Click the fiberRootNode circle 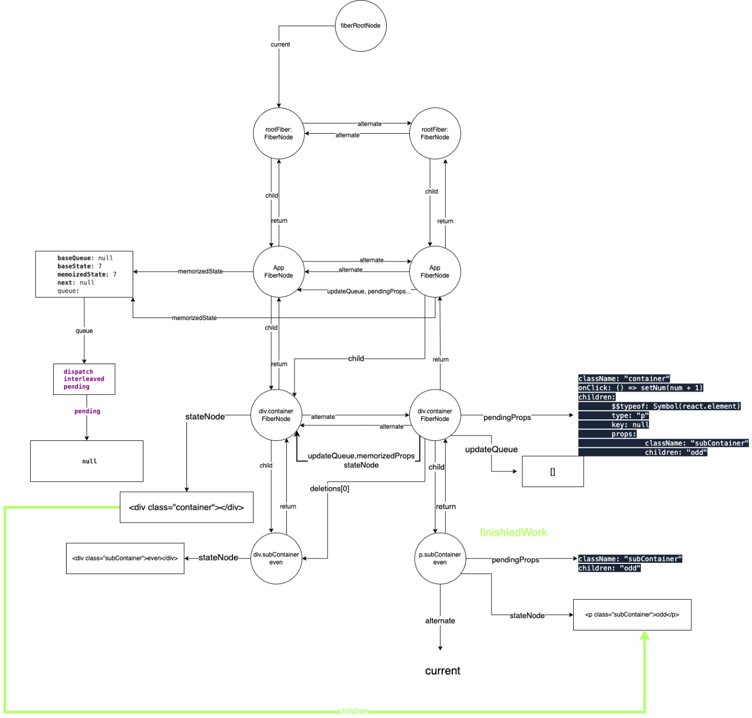(x=360, y=26)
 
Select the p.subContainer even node (x=440, y=558)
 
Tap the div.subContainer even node (x=276, y=558)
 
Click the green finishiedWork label (x=513, y=532)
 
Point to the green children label (x=353, y=710)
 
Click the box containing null (x=86, y=461)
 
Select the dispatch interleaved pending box (x=84, y=379)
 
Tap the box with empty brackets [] (x=553, y=471)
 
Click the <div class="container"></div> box (x=186, y=507)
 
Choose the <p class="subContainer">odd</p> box (x=632, y=614)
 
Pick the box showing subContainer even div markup (x=125, y=558)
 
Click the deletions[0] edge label (x=329, y=489)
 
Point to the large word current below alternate (x=443, y=670)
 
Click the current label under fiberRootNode (x=280, y=45)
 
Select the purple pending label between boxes (x=87, y=411)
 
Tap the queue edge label (x=84, y=331)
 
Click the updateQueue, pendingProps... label (x=368, y=292)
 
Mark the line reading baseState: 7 (x=79, y=266)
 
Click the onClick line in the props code (x=640, y=388)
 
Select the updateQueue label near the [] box (x=491, y=449)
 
